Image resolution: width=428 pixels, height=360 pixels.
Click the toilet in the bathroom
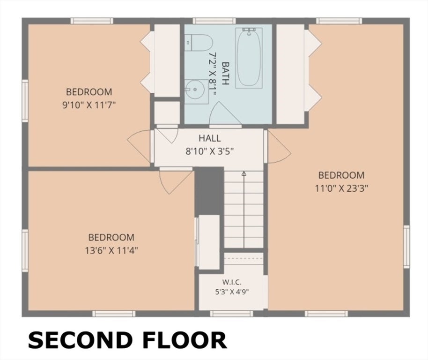199,43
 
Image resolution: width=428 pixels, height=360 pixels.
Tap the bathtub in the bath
249,58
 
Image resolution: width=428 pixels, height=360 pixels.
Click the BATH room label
225,73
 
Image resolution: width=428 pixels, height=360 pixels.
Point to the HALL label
210,138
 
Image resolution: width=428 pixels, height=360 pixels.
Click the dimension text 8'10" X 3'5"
210,151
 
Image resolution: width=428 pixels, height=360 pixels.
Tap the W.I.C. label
232,282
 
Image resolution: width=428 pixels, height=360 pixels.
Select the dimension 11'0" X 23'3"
341,188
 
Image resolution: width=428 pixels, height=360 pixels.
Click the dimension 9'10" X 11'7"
89,105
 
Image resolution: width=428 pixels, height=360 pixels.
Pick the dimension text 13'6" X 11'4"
111,250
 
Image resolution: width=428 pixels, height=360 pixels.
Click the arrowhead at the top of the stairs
244,173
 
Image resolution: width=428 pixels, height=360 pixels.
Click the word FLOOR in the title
185,340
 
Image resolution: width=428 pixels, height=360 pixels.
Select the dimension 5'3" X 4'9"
232,292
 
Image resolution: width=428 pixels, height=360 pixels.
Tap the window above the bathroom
214,21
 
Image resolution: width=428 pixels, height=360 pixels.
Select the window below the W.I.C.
231,314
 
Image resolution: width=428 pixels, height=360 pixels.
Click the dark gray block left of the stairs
209,191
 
